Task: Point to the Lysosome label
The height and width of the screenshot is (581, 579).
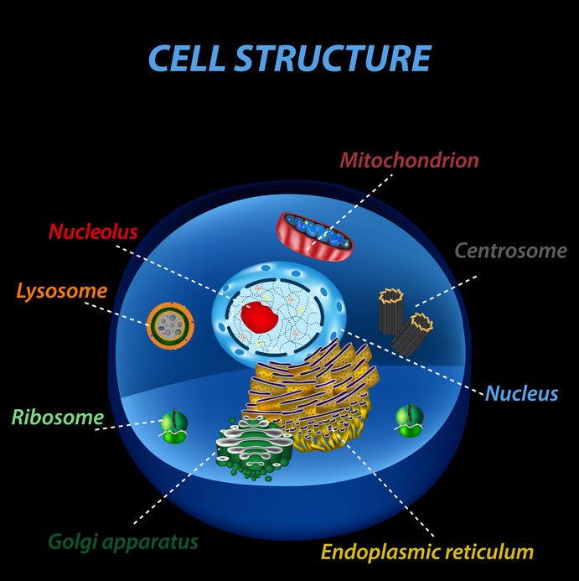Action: tap(61, 292)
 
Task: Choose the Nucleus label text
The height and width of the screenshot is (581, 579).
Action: tap(521, 393)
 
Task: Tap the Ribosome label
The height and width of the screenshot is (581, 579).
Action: tap(57, 417)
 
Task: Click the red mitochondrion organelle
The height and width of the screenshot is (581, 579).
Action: tap(315, 232)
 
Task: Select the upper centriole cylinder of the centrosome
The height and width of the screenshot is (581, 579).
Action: tap(391, 309)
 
